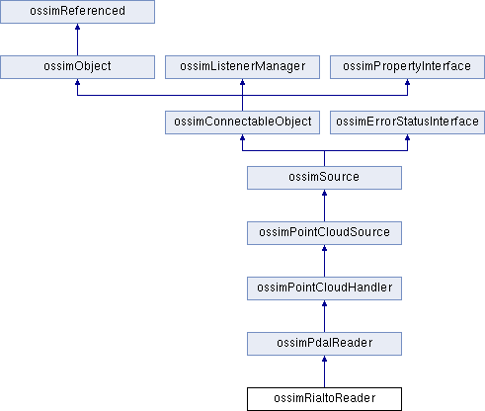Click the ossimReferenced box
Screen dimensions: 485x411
point(77,12)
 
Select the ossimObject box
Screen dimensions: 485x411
point(77,67)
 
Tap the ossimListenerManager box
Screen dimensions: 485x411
point(242,67)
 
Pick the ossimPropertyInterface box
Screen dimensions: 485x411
point(407,67)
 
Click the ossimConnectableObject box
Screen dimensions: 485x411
point(242,123)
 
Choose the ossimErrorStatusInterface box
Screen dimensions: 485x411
point(407,123)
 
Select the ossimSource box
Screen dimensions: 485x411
point(324,178)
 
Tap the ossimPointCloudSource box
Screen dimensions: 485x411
point(324,233)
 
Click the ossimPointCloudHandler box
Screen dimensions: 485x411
point(324,288)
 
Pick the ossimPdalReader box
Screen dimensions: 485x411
point(324,344)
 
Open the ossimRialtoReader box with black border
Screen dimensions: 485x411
point(324,399)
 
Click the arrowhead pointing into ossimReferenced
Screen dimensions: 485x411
point(77,27)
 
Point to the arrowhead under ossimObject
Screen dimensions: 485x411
point(77,82)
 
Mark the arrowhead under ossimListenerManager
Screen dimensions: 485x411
point(242,82)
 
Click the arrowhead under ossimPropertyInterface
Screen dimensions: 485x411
point(407,82)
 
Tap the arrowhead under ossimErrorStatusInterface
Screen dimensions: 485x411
point(407,137)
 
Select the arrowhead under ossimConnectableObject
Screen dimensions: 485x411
point(242,137)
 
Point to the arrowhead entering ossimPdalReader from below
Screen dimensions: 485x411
point(324,359)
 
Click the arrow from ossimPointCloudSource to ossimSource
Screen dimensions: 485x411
point(324,205)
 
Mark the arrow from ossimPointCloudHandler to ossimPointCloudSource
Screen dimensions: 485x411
point(324,261)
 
